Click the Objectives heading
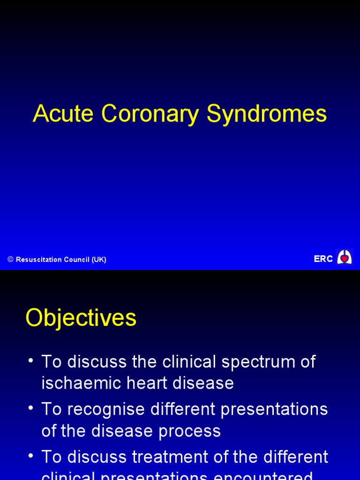pos(81,318)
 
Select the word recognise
pos(106,410)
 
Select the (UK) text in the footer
pos(99,260)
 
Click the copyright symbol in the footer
pos(10,260)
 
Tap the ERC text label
pos(323,259)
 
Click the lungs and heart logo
pos(345,257)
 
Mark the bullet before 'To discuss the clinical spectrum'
pos(31,361)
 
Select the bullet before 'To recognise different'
pos(31,408)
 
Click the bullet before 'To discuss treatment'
pos(31,456)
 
